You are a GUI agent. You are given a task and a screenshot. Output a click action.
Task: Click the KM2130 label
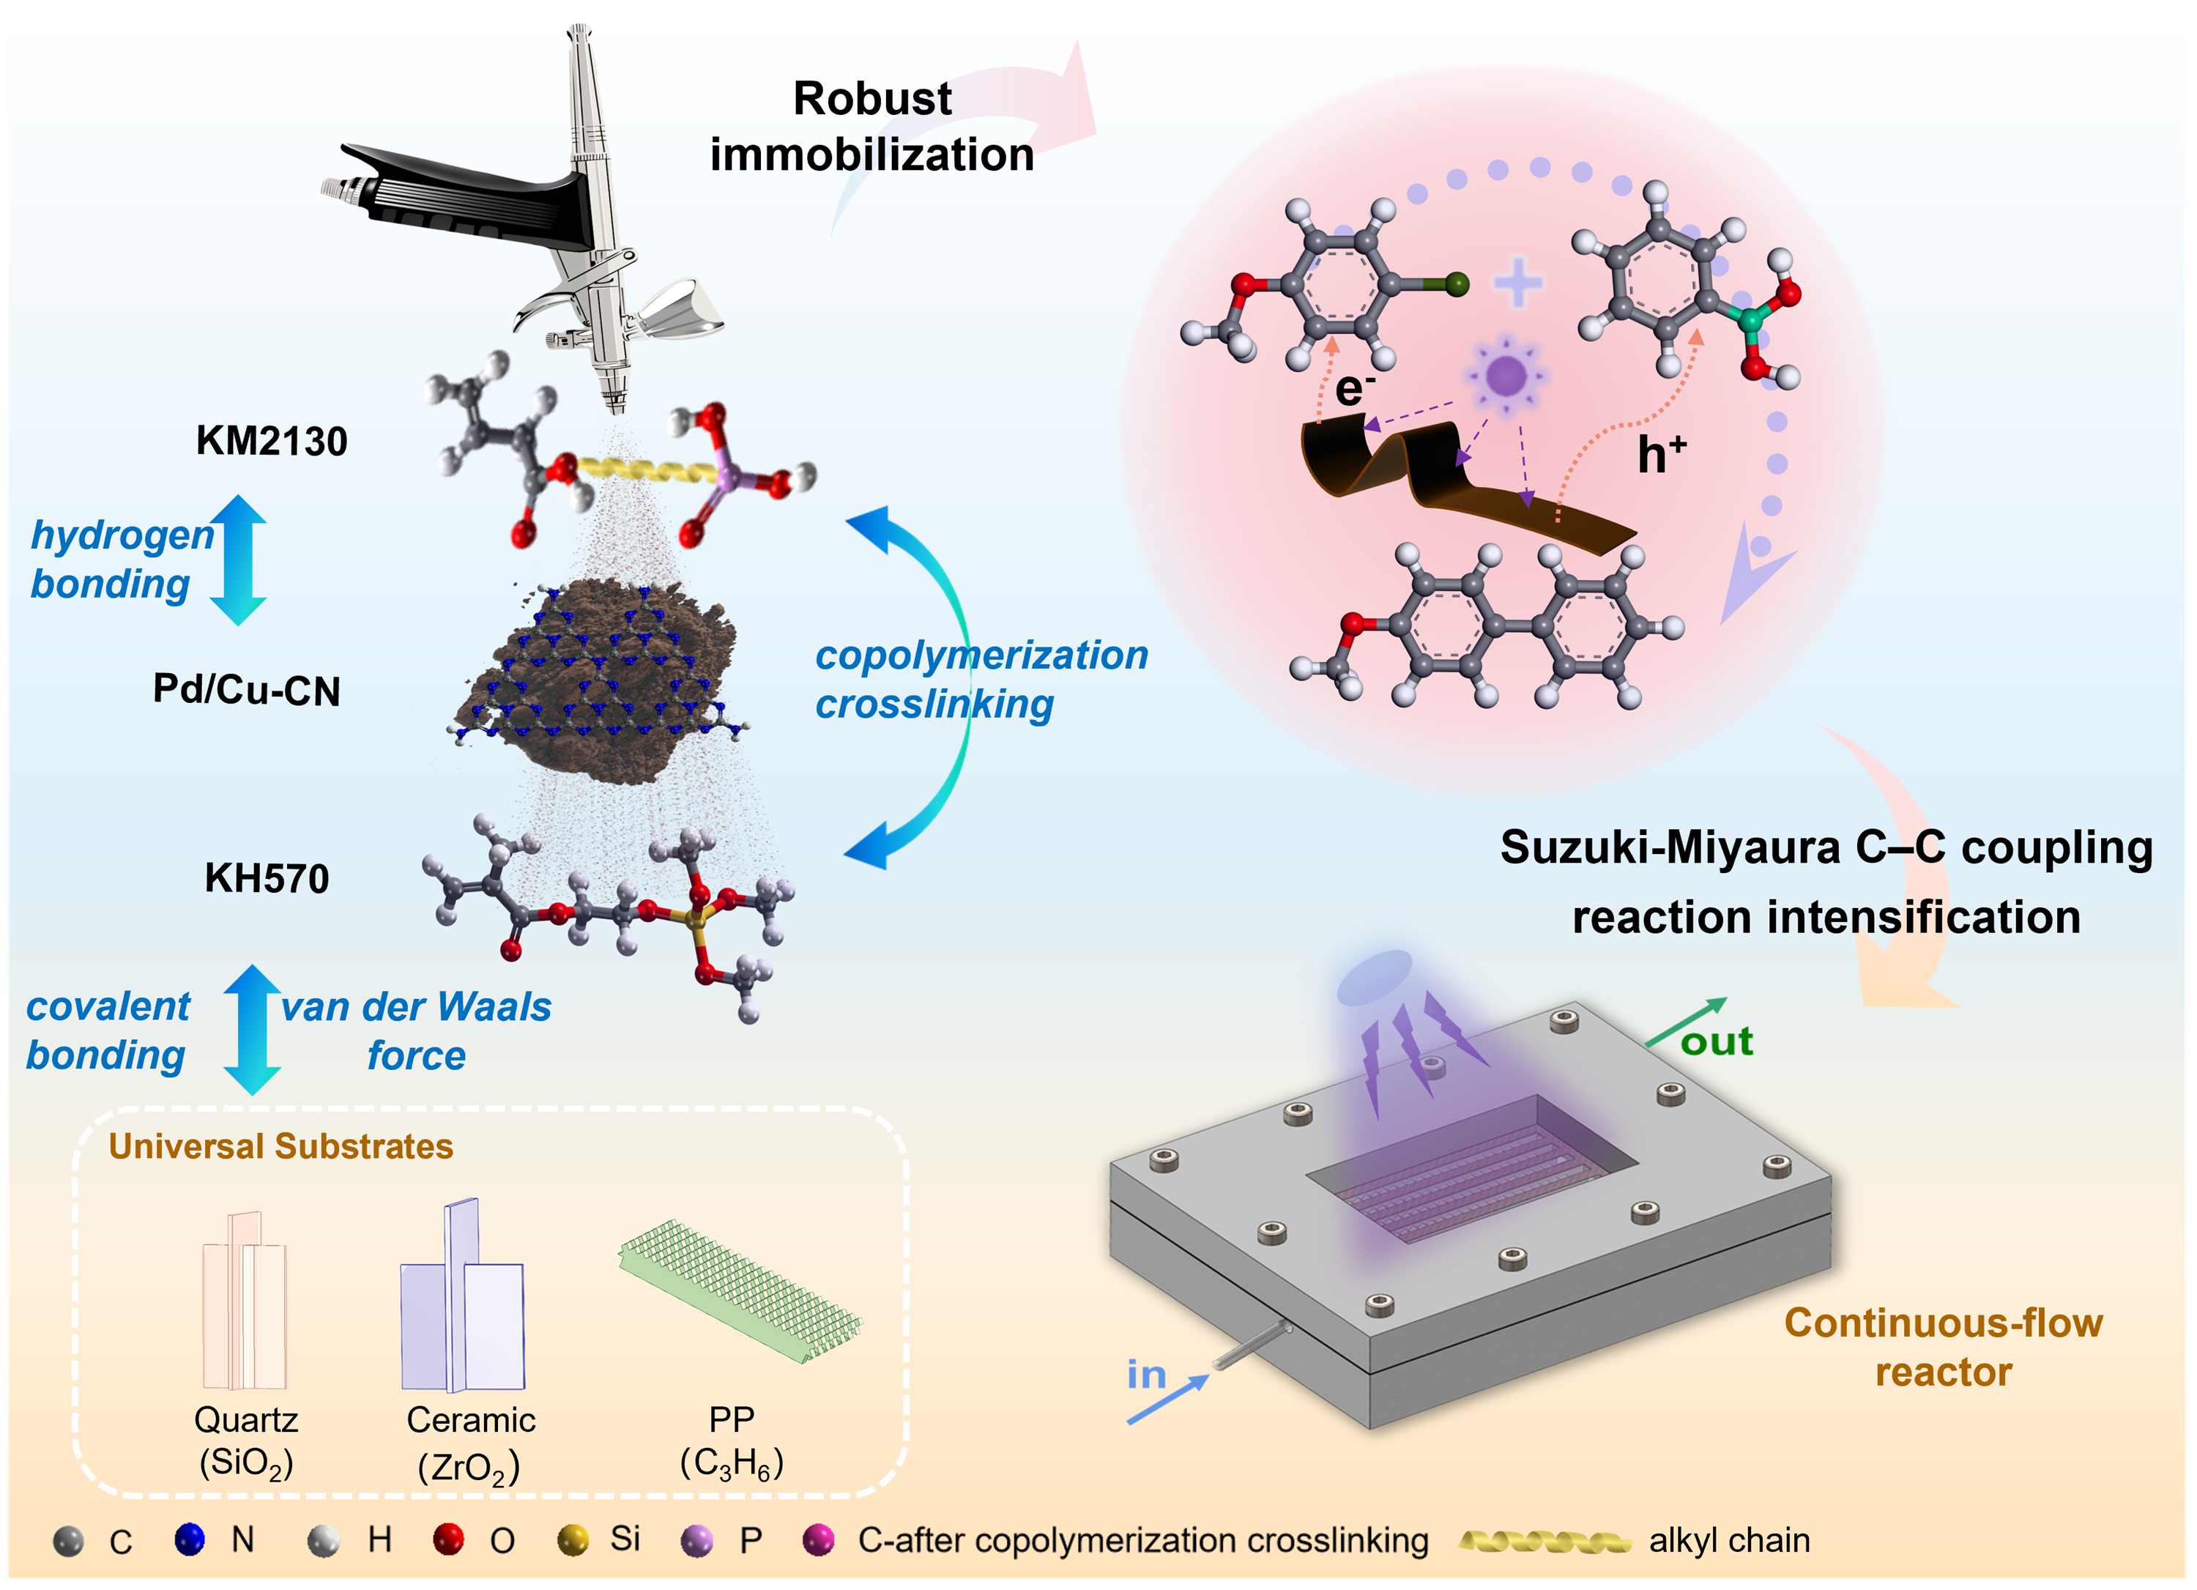tap(271, 441)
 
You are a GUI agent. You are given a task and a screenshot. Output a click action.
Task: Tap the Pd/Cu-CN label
tap(246, 690)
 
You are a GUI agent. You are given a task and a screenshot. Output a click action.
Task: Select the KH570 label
tap(267, 879)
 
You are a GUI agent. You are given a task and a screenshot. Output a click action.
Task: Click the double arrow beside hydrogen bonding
tap(238, 560)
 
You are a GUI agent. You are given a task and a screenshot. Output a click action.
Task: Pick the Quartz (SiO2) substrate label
tap(246, 1441)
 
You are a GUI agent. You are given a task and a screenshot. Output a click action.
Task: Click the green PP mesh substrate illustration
tap(741, 1289)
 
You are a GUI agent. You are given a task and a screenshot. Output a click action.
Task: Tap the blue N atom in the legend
tap(190, 1539)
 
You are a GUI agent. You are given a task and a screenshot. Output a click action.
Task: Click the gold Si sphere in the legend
tap(573, 1539)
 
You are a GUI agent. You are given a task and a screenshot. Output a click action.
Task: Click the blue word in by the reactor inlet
tap(1146, 1375)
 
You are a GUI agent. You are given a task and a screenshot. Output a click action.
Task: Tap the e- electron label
tap(1353, 389)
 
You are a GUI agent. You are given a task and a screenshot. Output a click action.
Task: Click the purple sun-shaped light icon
tap(1506, 375)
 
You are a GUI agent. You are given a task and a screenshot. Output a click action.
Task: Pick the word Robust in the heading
tap(871, 99)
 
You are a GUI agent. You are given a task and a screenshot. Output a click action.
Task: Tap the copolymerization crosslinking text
tap(981, 679)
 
